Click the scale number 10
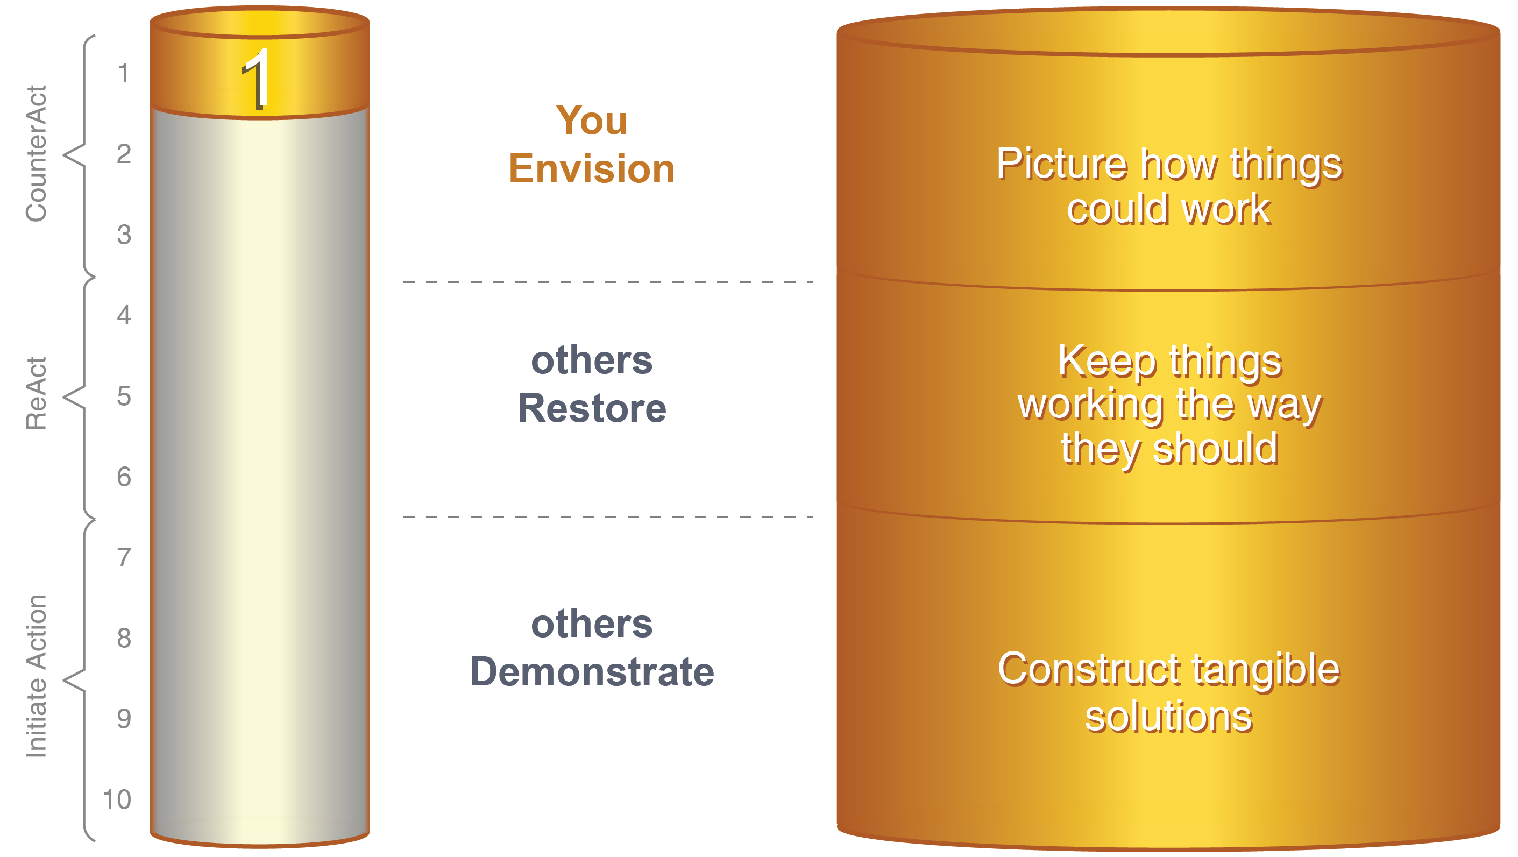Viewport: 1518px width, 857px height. click(117, 799)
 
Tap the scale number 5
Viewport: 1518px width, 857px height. click(124, 396)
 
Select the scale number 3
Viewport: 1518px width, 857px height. click(124, 235)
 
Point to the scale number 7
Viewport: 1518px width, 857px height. click(124, 557)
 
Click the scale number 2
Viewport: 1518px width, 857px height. click(124, 154)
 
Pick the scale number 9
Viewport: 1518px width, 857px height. click(124, 719)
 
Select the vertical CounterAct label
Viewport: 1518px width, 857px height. click(37, 153)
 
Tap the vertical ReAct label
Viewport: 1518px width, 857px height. click(37, 393)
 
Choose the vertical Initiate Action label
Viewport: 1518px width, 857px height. click(37, 676)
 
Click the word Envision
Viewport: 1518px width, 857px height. click(592, 168)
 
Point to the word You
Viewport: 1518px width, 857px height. click(592, 121)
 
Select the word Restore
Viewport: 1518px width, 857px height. click(592, 408)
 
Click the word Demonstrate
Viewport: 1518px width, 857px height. click(592, 671)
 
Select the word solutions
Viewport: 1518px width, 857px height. click(1169, 717)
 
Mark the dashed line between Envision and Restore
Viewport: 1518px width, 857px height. click(608, 282)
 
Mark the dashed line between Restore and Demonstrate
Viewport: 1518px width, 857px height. click(608, 517)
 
